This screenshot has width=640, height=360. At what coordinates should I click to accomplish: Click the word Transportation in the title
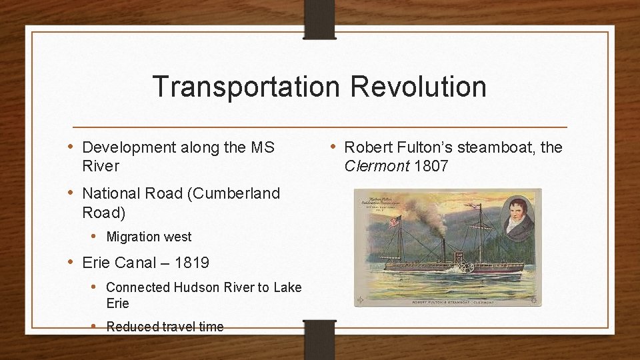pyautogui.click(x=246, y=87)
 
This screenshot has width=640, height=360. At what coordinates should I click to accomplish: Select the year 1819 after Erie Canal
pyautogui.click(x=192, y=263)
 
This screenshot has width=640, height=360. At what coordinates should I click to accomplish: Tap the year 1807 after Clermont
pyautogui.click(x=431, y=166)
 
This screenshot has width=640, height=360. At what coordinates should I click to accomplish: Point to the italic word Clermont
pyautogui.click(x=377, y=166)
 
